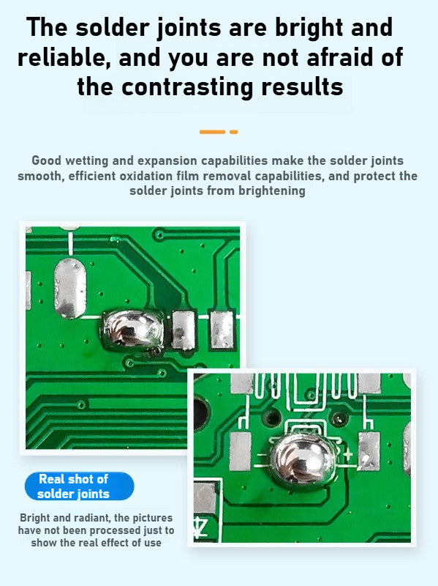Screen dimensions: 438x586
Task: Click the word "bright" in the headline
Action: pyautogui.click(x=309, y=29)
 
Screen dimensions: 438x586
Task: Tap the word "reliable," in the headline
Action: pyautogui.click(x=64, y=59)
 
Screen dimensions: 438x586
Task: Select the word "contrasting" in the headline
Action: pyautogui.click(x=188, y=87)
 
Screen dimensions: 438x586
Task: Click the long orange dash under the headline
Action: pyautogui.click(x=212, y=132)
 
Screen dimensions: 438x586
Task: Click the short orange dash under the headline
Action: pyautogui.click(x=234, y=132)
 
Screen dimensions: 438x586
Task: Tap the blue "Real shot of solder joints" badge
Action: pyautogui.click(x=79, y=486)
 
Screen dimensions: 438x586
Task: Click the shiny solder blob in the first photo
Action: pyautogui.click(x=132, y=330)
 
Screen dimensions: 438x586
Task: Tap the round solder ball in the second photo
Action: pyautogui.click(x=302, y=461)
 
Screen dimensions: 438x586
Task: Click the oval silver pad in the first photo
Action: pyautogui.click(x=69, y=288)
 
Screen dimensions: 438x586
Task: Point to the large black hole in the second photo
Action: pyautogui.click(x=200, y=413)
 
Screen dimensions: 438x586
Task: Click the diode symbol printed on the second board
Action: pyautogui.click(x=200, y=527)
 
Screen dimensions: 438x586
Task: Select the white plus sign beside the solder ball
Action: pyautogui.click(x=348, y=455)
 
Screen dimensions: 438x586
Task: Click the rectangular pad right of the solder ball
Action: pyautogui.click(x=369, y=450)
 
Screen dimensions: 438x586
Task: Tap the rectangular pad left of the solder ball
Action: pyautogui.click(x=240, y=451)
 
